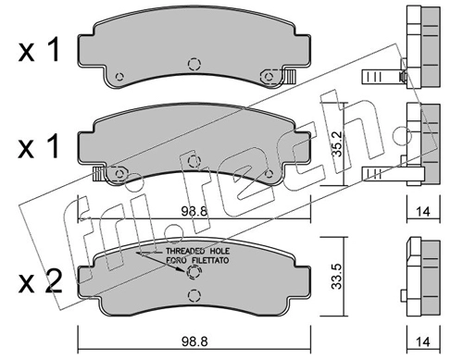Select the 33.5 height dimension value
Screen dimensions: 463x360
[336, 277]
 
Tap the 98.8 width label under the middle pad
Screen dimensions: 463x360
[194, 212]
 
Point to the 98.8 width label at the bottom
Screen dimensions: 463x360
[194, 341]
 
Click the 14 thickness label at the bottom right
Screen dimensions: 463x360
[423, 341]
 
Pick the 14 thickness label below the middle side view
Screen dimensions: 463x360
[423, 212]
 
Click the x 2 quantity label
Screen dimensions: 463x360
[41, 281]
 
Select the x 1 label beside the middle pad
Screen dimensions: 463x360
[39, 146]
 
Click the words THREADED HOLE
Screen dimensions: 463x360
[198, 251]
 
